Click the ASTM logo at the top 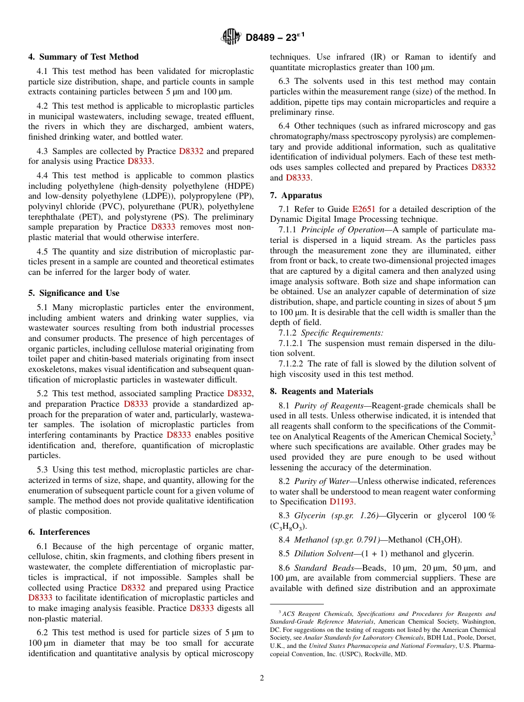point(231,37)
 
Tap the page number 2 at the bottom point(262,678)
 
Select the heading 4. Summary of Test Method point(83,57)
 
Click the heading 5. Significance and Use point(73,293)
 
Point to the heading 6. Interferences point(59,532)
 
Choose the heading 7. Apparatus point(296,195)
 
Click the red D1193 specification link point(342,502)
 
